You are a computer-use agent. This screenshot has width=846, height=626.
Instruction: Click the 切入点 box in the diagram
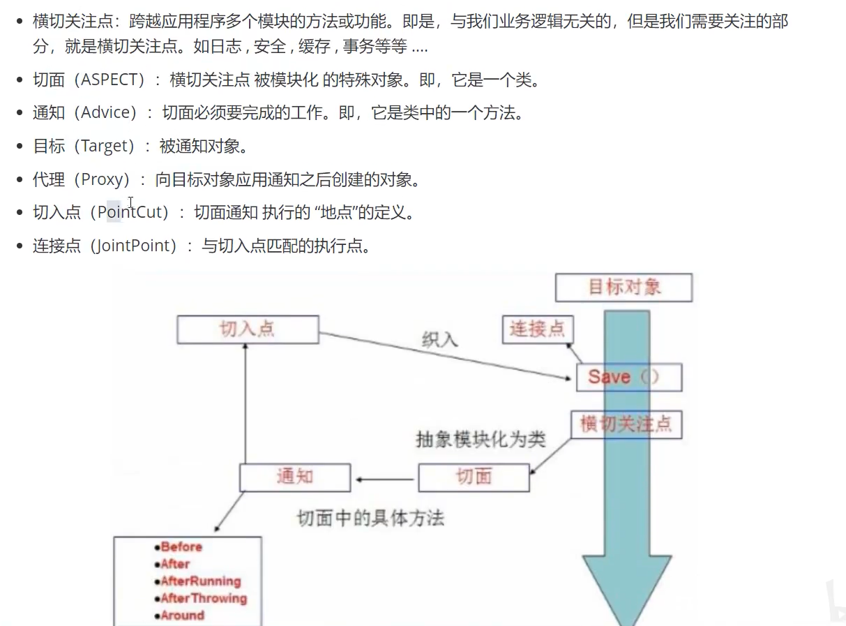248,329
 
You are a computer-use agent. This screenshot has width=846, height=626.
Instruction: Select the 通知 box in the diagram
295,477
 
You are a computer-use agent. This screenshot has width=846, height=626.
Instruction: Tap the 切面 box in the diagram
474,477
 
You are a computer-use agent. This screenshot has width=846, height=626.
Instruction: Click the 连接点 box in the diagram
537,329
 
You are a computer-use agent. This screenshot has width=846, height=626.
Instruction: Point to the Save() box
628,378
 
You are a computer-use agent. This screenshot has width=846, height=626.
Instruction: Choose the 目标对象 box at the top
624,288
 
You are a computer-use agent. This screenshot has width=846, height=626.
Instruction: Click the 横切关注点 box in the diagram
626,424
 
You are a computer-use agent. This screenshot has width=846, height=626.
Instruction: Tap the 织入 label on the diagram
440,340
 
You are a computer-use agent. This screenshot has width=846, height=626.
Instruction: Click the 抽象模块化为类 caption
481,440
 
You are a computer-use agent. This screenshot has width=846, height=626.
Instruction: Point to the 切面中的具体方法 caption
370,518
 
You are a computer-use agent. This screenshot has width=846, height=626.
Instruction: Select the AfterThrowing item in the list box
204,598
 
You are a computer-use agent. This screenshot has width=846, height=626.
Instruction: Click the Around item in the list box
183,616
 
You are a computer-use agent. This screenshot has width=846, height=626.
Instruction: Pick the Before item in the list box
181,547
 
